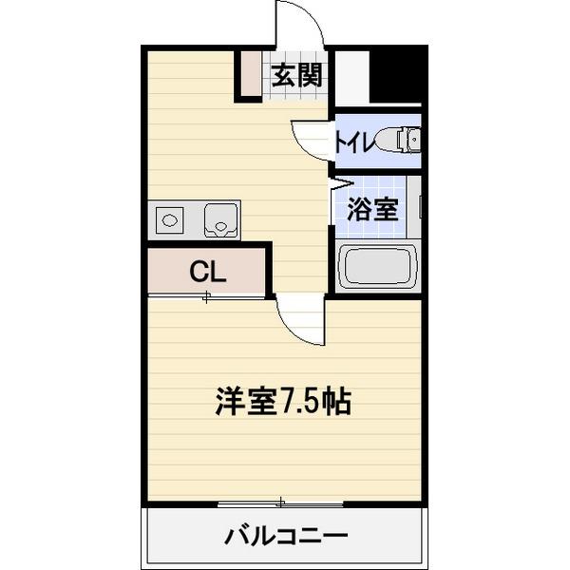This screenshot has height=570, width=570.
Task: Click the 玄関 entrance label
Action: pos(296,75)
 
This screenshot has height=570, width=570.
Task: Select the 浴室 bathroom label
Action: pos(371,210)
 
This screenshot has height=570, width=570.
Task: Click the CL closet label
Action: pos(207,273)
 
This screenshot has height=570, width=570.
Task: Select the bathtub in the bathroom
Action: pos(378,265)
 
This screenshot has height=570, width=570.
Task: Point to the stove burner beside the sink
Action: pos(170,220)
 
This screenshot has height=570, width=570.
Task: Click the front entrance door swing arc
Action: pos(300,24)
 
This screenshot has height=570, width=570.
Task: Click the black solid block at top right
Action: pos(395,74)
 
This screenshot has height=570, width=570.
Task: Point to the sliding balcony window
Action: pos(280,502)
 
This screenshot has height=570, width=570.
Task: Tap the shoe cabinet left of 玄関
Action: pos(249,73)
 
